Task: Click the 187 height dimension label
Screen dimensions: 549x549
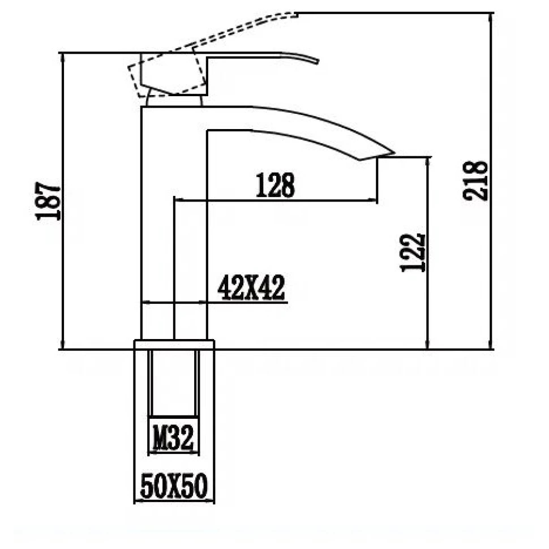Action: [48, 201]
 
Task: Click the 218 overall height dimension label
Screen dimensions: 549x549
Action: [475, 180]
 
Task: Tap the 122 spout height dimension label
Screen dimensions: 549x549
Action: [413, 252]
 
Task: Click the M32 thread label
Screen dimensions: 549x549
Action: [174, 438]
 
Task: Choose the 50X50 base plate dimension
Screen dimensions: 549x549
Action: [174, 487]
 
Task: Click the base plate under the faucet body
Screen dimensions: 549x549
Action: [174, 344]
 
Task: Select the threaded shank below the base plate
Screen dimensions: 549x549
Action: [174, 385]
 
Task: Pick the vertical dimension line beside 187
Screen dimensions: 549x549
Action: [62, 272]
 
